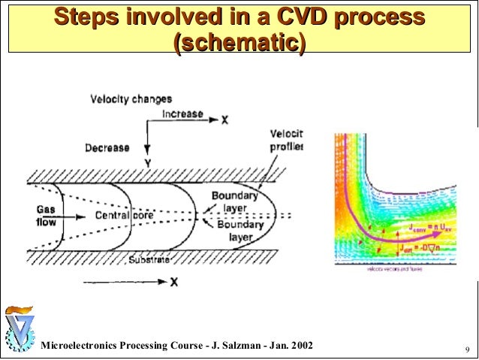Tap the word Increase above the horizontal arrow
(183, 115)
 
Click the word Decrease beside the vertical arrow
(107, 147)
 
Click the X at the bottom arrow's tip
(173, 283)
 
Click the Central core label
(124, 215)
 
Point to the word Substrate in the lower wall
(149, 259)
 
